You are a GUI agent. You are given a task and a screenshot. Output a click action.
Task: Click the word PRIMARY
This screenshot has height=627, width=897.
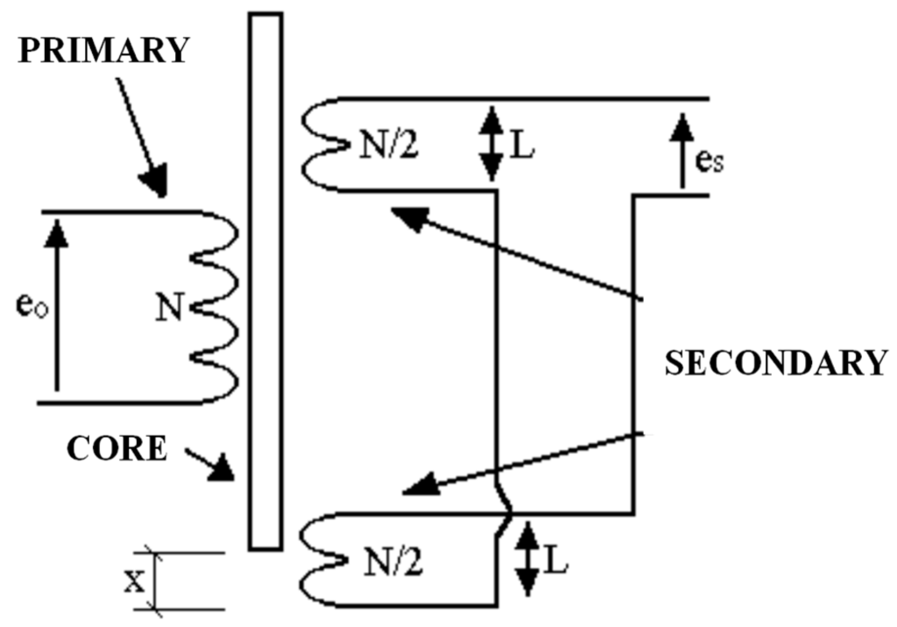click(x=104, y=50)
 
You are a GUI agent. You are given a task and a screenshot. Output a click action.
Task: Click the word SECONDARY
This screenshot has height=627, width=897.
click(x=776, y=362)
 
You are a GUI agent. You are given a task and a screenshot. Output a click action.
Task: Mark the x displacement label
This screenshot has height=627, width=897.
click(x=134, y=581)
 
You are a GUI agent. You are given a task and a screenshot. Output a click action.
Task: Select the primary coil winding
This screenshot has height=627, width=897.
click(x=215, y=307)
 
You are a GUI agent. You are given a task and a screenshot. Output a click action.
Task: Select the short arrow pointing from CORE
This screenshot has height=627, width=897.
click(x=215, y=464)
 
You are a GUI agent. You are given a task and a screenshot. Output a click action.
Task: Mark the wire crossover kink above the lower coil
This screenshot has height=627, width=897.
click(x=502, y=513)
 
